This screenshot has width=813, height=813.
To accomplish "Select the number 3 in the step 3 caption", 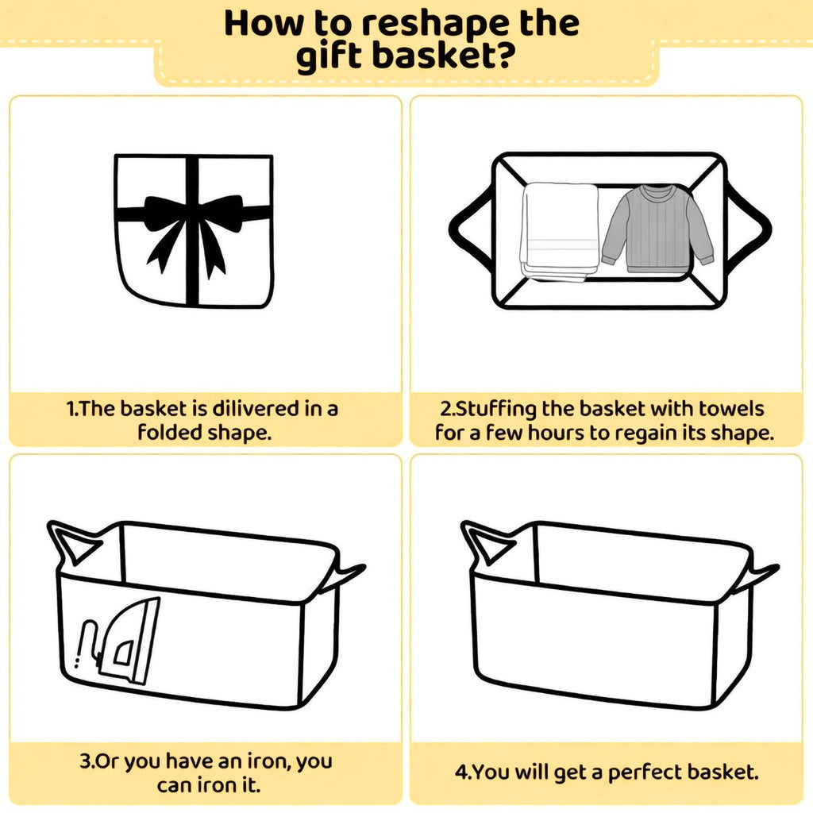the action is click(85, 761).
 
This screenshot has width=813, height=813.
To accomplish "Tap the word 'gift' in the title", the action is click(328, 56).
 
